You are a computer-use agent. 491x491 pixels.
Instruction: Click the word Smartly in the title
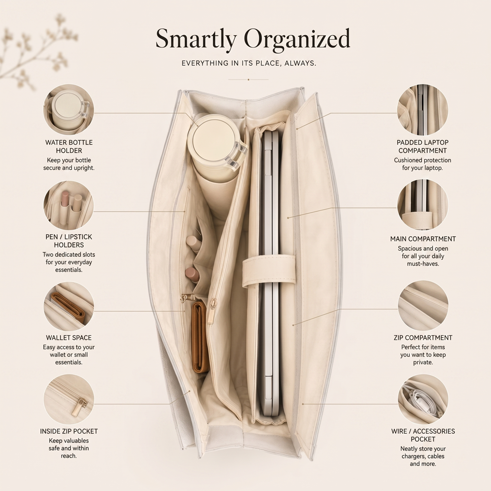(196, 40)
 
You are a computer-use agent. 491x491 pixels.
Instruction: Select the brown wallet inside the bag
(200, 338)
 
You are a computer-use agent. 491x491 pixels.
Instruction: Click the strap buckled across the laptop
(269, 270)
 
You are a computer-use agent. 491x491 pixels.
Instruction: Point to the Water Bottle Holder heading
(69, 146)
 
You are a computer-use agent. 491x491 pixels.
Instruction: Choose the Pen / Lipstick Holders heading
(69, 241)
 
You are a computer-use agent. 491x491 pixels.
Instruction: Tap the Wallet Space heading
(69, 338)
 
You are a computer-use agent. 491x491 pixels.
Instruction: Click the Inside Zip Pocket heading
(69, 431)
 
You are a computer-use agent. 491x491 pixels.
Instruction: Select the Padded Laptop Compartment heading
(423, 146)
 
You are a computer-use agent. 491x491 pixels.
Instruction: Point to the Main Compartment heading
(423, 239)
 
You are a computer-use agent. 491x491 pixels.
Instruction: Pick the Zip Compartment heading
(423, 338)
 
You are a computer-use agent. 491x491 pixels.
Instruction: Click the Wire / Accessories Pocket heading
(423, 435)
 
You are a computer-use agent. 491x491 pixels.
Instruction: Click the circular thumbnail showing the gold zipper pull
(69, 400)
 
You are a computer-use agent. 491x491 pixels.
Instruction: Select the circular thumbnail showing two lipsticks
(69, 205)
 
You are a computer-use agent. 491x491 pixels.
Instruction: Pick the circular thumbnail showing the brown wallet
(69, 305)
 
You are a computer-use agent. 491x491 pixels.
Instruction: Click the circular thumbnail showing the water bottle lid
(69, 109)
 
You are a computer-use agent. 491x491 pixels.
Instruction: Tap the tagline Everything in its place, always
(248, 63)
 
